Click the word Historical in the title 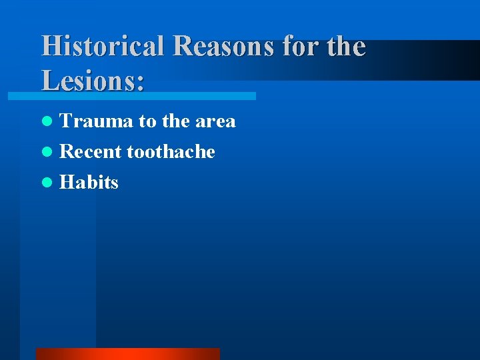[103, 47]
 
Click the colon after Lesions [140, 83]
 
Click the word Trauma [97, 121]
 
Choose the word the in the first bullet [176, 121]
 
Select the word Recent [91, 151]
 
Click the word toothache [171, 151]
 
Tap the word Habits [89, 182]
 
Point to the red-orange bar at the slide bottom [127, 353]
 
